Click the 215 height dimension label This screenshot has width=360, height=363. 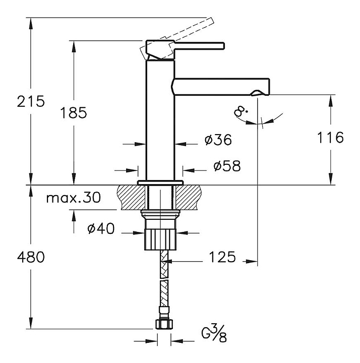click(x=31, y=101)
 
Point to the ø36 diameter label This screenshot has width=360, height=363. click(x=218, y=141)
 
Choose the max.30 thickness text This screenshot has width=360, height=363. click(x=73, y=198)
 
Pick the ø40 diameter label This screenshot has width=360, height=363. click(x=101, y=229)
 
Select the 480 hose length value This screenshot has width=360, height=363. click(x=31, y=258)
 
